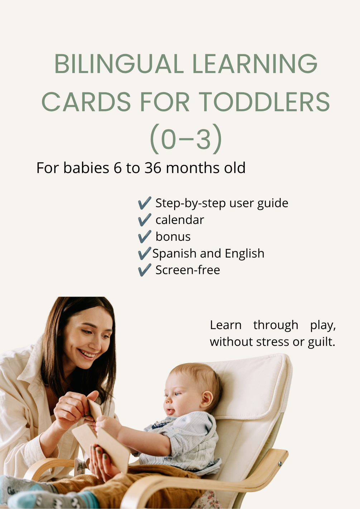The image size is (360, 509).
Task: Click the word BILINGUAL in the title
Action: click(119, 64)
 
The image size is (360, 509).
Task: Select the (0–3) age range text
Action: click(186, 139)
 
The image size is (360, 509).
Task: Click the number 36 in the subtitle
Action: click(153, 168)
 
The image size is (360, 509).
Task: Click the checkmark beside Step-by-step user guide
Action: click(145, 203)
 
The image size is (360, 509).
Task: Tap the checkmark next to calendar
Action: click(145, 220)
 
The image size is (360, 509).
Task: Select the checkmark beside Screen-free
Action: click(145, 270)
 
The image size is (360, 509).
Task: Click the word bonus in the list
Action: click(173, 236)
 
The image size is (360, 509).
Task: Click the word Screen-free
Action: click(188, 270)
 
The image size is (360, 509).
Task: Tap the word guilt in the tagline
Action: click(321, 342)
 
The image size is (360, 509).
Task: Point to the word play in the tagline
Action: click(323, 325)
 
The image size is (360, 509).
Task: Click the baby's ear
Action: click(206, 399)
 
